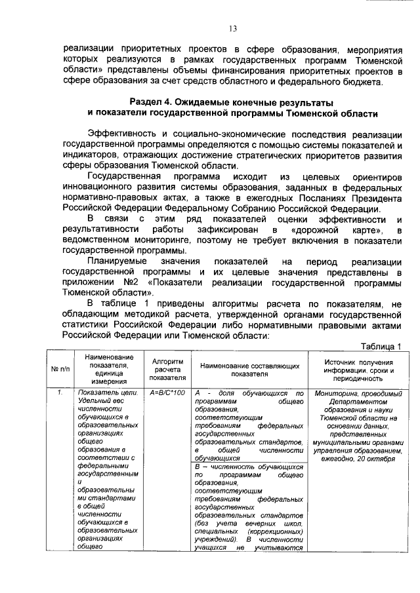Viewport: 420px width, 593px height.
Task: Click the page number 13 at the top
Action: coord(232,28)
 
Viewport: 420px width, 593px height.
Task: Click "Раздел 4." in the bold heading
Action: coord(152,102)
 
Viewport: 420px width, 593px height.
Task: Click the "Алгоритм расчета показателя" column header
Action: coord(167,370)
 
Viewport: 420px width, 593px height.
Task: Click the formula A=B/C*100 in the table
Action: coord(167,393)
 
